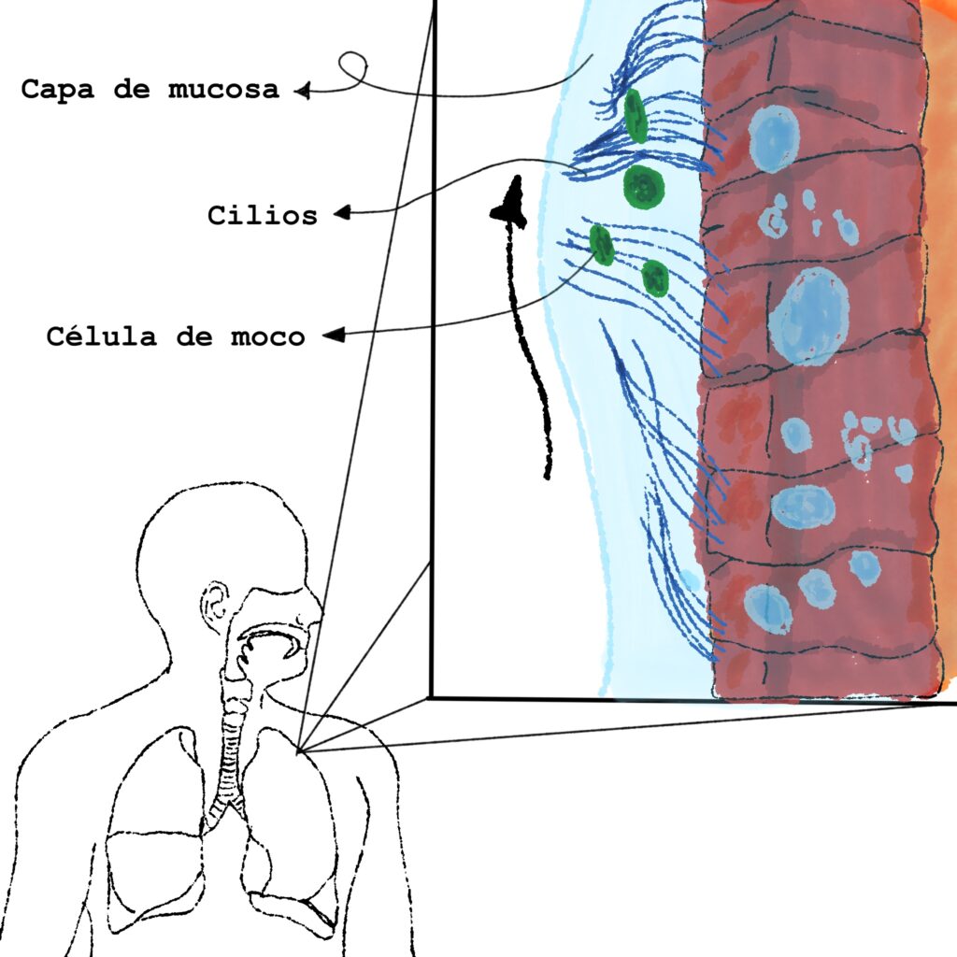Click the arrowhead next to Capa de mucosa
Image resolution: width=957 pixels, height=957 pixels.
coord(302,91)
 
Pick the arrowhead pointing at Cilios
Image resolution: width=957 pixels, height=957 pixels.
coord(342,213)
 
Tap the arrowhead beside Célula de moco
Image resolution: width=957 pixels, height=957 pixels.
coord(332,334)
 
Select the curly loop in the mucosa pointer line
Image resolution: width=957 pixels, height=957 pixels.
coord(352,66)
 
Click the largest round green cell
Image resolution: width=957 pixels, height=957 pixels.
coord(644,185)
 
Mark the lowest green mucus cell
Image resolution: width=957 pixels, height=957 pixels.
coord(655,278)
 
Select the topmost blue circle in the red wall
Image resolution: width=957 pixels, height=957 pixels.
coord(775,138)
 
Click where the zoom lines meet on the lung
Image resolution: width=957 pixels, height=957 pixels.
coord(299,750)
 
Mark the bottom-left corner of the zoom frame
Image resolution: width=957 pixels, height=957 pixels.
coord(431,696)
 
